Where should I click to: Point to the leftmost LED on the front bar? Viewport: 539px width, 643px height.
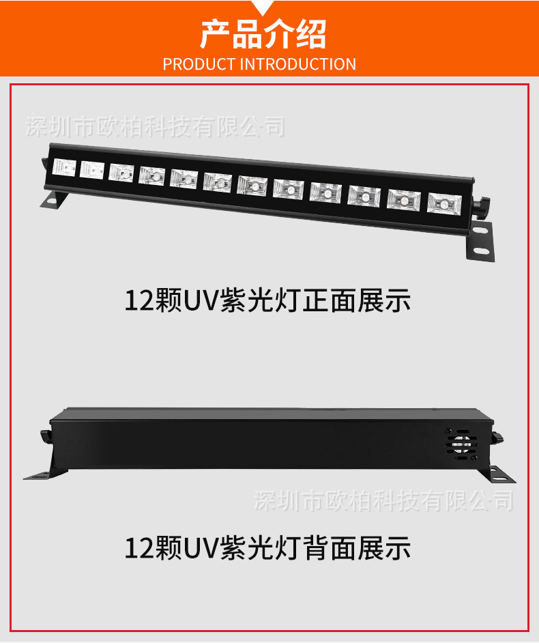tap(65, 168)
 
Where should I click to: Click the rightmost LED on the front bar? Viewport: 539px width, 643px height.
tap(444, 202)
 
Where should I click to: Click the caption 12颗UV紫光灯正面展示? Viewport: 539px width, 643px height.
tap(268, 300)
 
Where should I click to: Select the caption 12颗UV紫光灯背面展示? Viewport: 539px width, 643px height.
tap(268, 547)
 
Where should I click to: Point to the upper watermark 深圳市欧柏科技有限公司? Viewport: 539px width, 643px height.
tap(154, 126)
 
